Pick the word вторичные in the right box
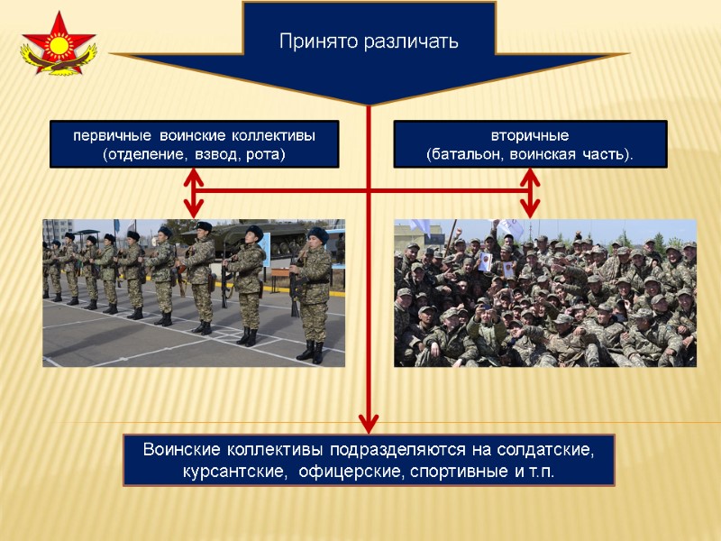pyautogui.click(x=530, y=136)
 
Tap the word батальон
pyautogui.click(x=467, y=154)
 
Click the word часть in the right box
pyautogui.click(x=604, y=154)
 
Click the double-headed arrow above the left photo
pyautogui.click(x=193, y=191)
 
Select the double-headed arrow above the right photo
pyautogui.click(x=530, y=191)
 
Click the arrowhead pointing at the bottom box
pyautogui.click(x=369, y=421)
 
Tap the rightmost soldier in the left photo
pyautogui.click(x=312, y=293)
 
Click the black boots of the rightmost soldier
pyautogui.click(x=312, y=352)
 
